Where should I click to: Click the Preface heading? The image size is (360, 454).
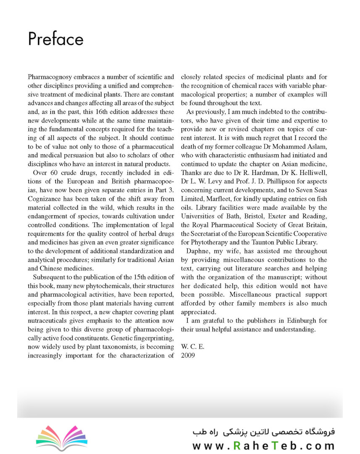tap(55, 40)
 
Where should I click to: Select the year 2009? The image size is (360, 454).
tap(188, 356)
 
